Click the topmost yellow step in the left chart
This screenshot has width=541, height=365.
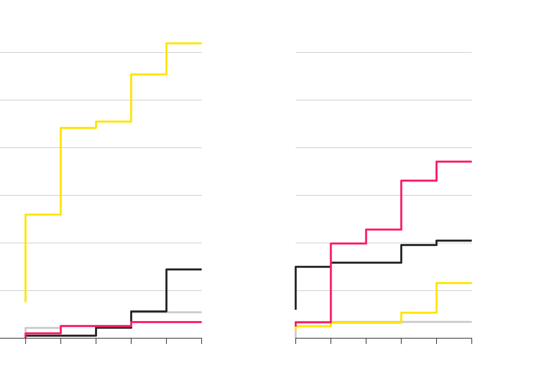tap(184, 43)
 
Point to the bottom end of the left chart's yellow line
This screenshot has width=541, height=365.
tap(26, 301)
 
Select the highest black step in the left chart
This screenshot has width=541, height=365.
tap(184, 269)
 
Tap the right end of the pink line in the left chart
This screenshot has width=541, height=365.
tap(201, 322)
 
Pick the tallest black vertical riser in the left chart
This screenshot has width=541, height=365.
tap(166, 290)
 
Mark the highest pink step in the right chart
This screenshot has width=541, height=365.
tap(454, 162)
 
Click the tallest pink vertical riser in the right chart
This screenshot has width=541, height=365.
tap(331, 283)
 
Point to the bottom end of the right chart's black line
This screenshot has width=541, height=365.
tap(296, 309)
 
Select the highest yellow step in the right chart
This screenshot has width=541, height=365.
tap(454, 283)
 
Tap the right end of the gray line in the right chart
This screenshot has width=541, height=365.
tap(471, 322)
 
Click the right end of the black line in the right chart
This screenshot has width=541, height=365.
tap(471, 241)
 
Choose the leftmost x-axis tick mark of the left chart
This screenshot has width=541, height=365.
tap(26, 341)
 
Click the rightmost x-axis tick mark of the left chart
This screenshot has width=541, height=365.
tap(202, 341)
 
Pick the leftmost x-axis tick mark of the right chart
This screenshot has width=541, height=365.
tap(296, 341)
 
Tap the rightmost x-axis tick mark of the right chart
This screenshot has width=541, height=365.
tap(472, 341)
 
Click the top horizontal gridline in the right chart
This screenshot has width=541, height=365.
tap(383, 52)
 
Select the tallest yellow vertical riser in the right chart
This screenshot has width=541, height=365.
tap(437, 298)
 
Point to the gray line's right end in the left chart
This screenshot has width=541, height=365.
tap(201, 312)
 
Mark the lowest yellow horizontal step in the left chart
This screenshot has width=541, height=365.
tap(43, 215)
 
